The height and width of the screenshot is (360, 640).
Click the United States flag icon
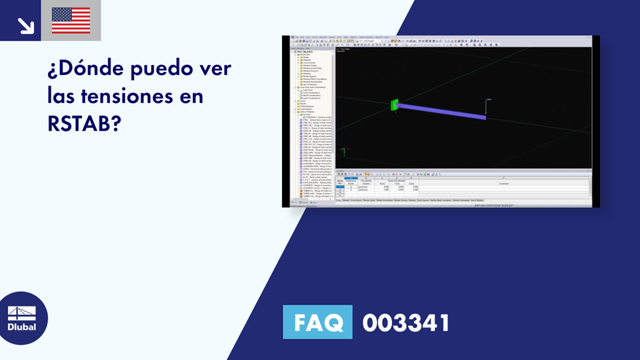click(71, 21)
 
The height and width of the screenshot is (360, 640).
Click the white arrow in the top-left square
click(26, 25)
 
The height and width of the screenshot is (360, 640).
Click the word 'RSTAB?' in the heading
click(84, 124)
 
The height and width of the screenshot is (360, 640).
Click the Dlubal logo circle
click(23, 318)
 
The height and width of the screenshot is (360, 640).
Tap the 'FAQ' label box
click(317, 323)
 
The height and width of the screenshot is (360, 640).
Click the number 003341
click(406, 323)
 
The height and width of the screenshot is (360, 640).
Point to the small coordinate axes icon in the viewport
click(343, 151)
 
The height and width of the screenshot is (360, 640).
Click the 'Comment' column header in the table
click(504, 183)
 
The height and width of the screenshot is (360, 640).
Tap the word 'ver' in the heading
click(215, 69)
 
